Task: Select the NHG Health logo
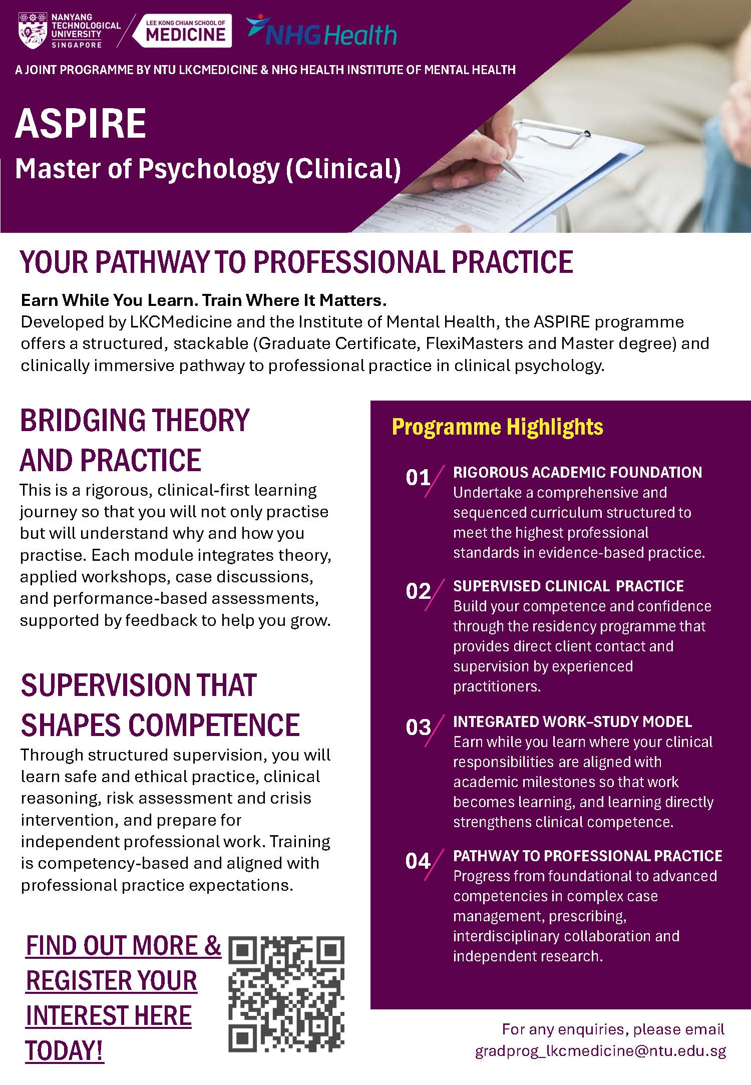point(321,31)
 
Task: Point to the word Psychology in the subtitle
point(208,169)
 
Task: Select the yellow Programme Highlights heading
point(497,427)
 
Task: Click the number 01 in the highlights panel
point(418,478)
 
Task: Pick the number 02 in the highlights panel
point(418,591)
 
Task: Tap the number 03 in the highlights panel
point(418,727)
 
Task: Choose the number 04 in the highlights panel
point(418,861)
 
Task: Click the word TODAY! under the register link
point(65,1051)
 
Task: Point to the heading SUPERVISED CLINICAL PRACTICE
point(568,586)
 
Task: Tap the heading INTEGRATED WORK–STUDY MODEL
point(573,721)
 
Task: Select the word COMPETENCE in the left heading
point(216,725)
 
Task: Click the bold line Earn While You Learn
point(204,300)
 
